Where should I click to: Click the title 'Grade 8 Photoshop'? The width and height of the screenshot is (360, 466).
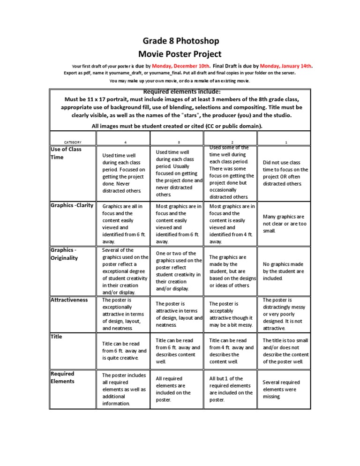(x=180, y=41)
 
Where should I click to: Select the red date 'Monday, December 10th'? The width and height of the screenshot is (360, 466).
(x=180, y=66)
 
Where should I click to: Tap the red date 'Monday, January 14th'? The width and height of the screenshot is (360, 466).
(x=286, y=66)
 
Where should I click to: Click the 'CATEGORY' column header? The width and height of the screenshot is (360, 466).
(x=73, y=142)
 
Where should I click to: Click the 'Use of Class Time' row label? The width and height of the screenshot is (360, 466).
(x=66, y=153)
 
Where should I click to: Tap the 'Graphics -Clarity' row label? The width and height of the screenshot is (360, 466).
(x=72, y=205)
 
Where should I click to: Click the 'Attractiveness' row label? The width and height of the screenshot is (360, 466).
(x=69, y=300)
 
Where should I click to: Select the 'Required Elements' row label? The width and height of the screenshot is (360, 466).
(x=62, y=377)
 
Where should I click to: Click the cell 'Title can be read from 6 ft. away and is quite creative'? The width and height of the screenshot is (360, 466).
(x=124, y=351)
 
